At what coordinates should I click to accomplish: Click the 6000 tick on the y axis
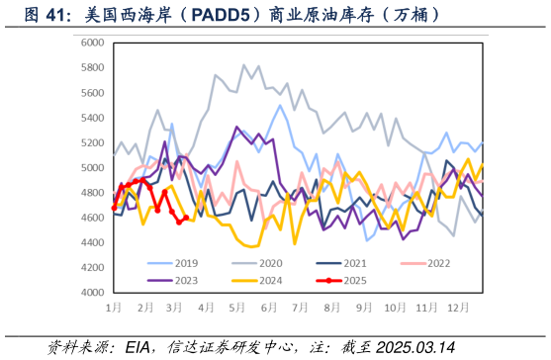[93, 43]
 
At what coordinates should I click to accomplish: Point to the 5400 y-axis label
[93, 118]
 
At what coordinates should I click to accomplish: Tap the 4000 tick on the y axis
[93, 293]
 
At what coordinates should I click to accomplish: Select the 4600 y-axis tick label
[93, 218]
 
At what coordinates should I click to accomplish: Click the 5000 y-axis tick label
[93, 168]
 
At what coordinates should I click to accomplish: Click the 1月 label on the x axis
[115, 308]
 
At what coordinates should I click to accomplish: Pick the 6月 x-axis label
[268, 308]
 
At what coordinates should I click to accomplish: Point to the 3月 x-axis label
[176, 308]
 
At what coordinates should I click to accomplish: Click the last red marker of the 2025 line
[186, 218]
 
